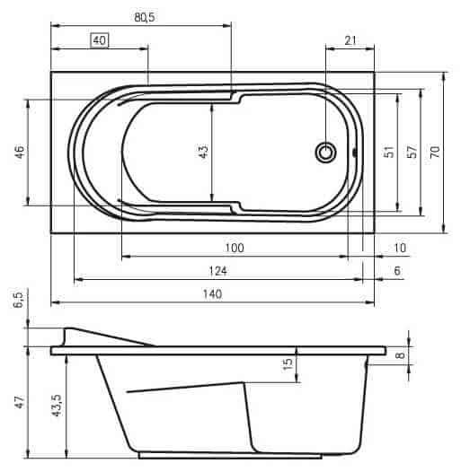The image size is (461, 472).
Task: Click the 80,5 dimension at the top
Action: (145, 17)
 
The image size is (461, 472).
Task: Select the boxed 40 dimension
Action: (100, 40)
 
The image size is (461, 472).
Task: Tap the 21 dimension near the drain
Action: (350, 40)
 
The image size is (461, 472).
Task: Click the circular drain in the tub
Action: (325, 153)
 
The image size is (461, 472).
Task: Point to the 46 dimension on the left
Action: (20, 153)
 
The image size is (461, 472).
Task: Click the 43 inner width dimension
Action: (204, 152)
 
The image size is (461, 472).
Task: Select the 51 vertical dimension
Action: (389, 152)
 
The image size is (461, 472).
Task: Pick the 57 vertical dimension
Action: (412, 152)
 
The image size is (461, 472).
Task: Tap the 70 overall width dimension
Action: (435, 152)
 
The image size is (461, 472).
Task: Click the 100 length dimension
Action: (235, 248)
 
